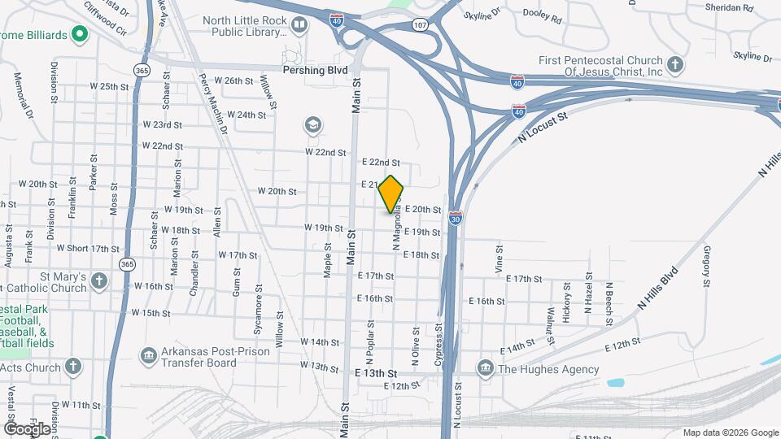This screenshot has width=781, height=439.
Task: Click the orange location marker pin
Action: pyautogui.click(x=391, y=194)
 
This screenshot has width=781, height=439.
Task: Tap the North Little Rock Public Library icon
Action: pyautogui.click(x=299, y=26)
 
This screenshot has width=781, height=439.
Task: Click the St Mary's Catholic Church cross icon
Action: pyautogui.click(x=99, y=280)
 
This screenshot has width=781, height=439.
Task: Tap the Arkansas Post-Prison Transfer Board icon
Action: pyautogui.click(x=148, y=354)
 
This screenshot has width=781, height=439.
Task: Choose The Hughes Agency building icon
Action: pyautogui.click(x=486, y=368)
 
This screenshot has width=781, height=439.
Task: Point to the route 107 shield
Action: pyautogui.click(x=420, y=24)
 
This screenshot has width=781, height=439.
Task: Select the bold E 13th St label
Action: pyautogui.click(x=376, y=372)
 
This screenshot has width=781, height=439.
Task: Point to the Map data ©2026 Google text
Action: pyautogui.click(x=730, y=432)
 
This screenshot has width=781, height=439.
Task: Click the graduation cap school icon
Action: pyautogui.click(x=312, y=125)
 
